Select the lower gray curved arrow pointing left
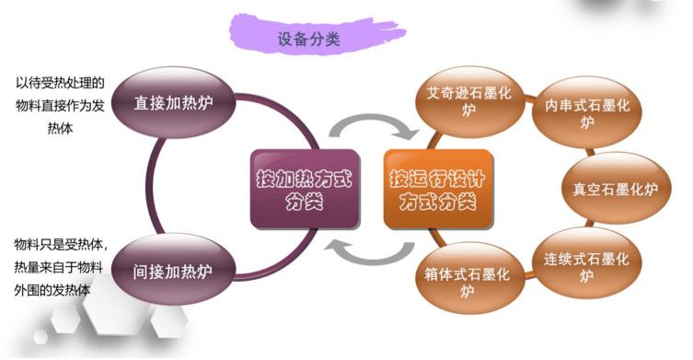click(x=367, y=247)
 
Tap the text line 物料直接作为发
click(x=61, y=106)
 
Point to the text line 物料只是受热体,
click(x=61, y=245)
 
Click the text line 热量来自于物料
click(x=61, y=268)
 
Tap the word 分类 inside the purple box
click(x=304, y=202)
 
